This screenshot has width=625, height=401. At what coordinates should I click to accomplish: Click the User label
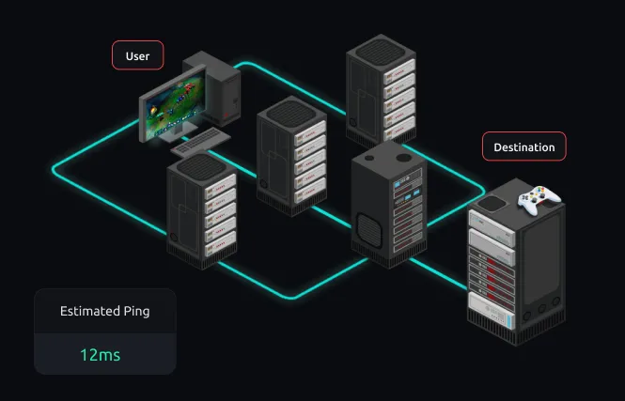[137, 56]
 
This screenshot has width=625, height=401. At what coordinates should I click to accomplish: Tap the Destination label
[523, 147]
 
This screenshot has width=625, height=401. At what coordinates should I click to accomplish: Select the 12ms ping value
[100, 355]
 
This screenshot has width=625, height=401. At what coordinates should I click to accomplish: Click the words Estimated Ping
[104, 311]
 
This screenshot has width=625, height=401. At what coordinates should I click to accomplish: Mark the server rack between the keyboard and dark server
[291, 155]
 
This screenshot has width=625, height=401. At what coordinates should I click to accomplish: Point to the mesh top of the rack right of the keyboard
[292, 111]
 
